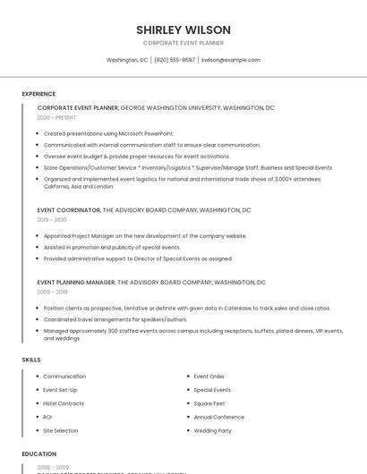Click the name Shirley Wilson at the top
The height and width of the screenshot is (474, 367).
pos(183,30)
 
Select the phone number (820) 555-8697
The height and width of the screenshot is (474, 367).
pos(175,60)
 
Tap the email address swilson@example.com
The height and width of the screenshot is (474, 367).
pos(230,60)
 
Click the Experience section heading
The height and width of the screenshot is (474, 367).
pos(38,94)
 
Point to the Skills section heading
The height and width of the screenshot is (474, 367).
pos(31,360)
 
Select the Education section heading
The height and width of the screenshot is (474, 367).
pos(38,453)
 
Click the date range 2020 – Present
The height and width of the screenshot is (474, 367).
pos(56,117)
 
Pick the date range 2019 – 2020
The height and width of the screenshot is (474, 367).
pos(52,219)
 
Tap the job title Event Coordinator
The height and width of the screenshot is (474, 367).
pos(69,210)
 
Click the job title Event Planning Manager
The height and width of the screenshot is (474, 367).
pos(76,283)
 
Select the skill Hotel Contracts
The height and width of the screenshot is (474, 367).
pos(64,403)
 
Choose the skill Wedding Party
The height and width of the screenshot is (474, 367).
pos(212,430)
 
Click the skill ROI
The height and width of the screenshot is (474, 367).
pos(47,417)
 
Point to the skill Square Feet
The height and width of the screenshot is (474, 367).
pos(210,403)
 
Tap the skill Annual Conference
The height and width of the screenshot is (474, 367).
pos(218,417)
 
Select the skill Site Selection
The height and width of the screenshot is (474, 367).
pos(61,430)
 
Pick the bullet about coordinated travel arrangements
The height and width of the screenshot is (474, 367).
pos(115,319)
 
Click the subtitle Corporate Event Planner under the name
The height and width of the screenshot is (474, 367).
pos(183,43)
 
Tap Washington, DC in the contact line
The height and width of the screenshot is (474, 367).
pos(127,60)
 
